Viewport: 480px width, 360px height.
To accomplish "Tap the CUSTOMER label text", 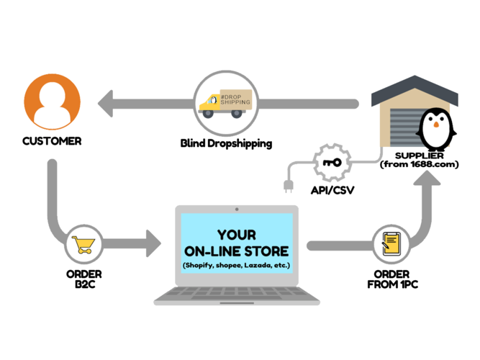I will coord(51,141).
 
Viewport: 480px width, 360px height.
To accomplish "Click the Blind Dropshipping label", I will coord(226,143).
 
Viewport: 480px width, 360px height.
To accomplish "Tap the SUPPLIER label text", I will coord(417,156).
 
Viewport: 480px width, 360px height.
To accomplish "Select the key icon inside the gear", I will coord(332,163).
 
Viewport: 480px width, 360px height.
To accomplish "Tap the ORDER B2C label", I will coord(84,279).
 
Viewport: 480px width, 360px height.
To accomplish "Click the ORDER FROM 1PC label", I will coord(392,279).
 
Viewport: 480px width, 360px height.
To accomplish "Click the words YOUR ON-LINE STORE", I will coord(237,243).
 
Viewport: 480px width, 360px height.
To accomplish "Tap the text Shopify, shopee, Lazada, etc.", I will coord(237,266).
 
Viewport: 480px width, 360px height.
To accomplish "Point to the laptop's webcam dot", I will coord(237,210).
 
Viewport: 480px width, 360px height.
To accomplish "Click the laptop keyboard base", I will coord(237,295).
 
